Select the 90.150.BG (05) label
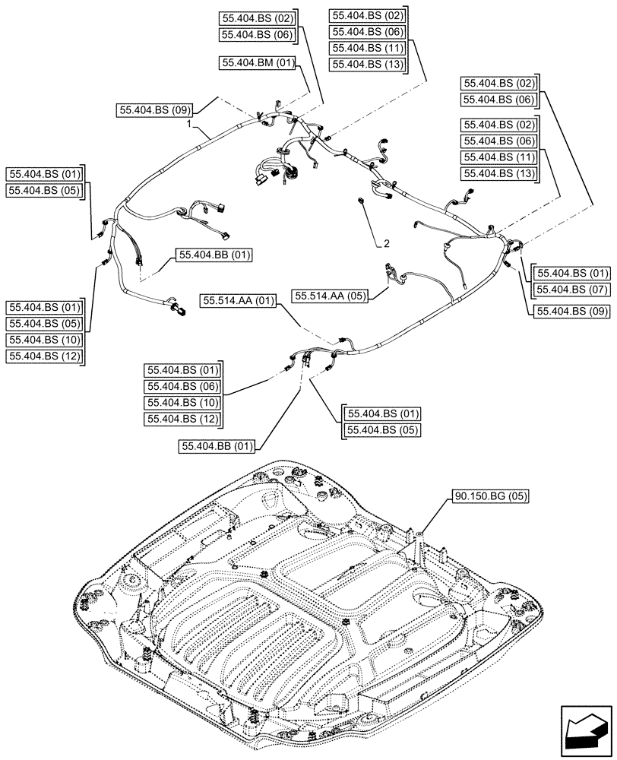[x=490, y=496]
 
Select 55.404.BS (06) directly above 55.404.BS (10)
[x=181, y=386]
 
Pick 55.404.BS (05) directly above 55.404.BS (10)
[x=44, y=323]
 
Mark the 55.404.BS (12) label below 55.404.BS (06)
[x=181, y=419]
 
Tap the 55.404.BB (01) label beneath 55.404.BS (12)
[x=217, y=446]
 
